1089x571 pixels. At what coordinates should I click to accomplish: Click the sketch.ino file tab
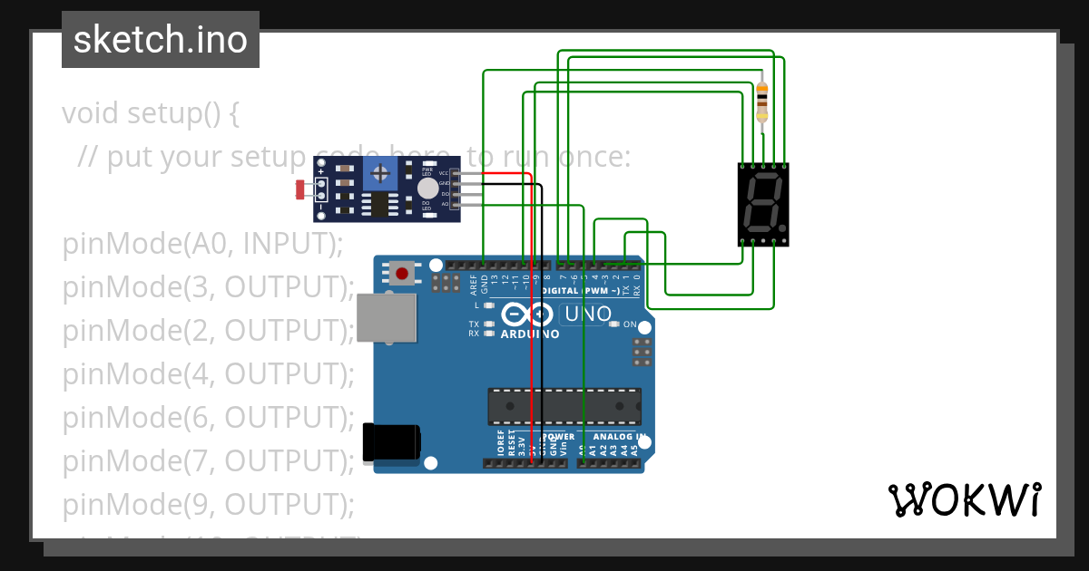[161, 40]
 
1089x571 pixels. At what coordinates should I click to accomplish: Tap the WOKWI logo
[964, 499]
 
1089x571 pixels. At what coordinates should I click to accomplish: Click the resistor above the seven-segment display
[761, 101]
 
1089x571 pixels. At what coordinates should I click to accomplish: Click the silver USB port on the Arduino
[387, 317]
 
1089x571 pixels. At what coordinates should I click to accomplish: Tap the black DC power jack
[391, 441]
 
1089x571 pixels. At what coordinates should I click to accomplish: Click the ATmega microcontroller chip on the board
[564, 406]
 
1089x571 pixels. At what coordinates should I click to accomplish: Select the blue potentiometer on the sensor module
[380, 171]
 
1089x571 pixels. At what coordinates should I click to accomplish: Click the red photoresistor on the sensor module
[300, 189]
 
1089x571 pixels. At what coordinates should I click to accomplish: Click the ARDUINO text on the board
[530, 334]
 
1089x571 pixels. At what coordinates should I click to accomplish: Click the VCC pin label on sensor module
[443, 173]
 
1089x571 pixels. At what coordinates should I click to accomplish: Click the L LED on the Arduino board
[490, 305]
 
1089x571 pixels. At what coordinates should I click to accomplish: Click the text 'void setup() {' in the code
[151, 114]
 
